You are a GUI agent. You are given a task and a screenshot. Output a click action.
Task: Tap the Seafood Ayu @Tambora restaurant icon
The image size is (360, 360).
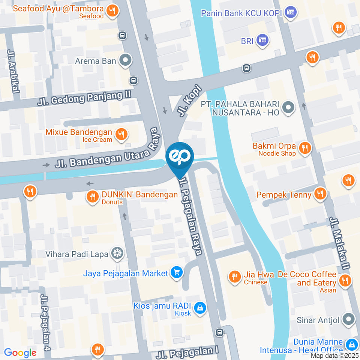[x=112, y=11]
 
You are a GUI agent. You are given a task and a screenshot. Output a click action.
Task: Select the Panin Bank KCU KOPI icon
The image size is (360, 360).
[x=291, y=12]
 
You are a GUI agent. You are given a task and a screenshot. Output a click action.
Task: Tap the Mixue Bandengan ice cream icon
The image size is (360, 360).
[x=121, y=133]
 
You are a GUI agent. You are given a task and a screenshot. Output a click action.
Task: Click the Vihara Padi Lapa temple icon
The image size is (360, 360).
[x=117, y=253]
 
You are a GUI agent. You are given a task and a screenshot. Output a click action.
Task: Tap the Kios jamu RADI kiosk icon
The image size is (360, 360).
[x=200, y=307]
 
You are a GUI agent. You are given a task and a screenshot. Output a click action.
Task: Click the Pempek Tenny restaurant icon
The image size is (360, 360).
[x=320, y=194]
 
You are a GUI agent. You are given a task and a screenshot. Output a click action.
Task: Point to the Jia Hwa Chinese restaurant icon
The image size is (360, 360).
[x=235, y=277]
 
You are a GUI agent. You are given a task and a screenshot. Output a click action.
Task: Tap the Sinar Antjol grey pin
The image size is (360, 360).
[x=349, y=319]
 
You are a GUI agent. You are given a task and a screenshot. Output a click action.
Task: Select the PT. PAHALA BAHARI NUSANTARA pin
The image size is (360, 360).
[x=288, y=108]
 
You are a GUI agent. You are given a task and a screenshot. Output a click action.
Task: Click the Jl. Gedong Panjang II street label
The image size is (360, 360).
[x=84, y=98]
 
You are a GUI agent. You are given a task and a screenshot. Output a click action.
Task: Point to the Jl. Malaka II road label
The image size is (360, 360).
[x=340, y=243]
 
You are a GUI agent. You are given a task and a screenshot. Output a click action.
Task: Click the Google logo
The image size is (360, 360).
[x=20, y=352]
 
